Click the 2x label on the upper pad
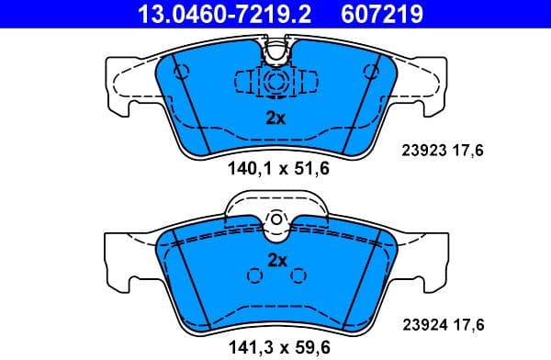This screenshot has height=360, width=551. pyautogui.click(x=275, y=118)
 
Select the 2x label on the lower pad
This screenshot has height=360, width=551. pyautogui.click(x=276, y=260)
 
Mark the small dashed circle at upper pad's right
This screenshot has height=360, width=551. pyautogui.click(x=371, y=70)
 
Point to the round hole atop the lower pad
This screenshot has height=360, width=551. pyautogui.click(x=276, y=221)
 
